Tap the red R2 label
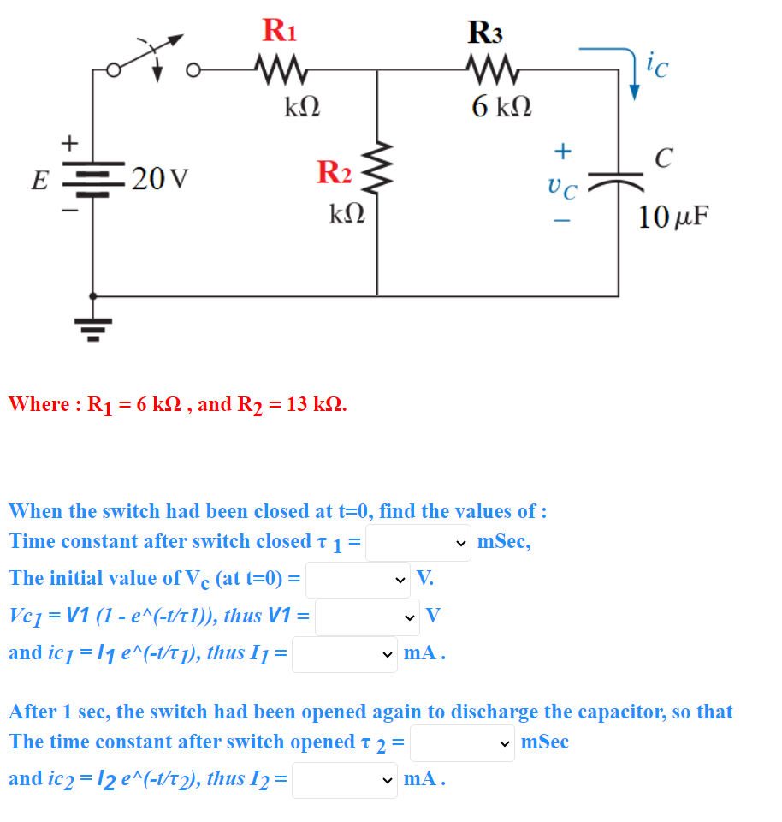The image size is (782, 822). click(x=334, y=171)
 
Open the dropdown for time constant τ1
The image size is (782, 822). click(x=418, y=543)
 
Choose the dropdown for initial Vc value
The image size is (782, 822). click(x=358, y=579)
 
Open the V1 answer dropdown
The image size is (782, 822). click(x=367, y=616)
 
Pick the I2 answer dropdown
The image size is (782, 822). click(x=344, y=780)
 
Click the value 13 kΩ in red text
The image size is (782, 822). click(x=316, y=404)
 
